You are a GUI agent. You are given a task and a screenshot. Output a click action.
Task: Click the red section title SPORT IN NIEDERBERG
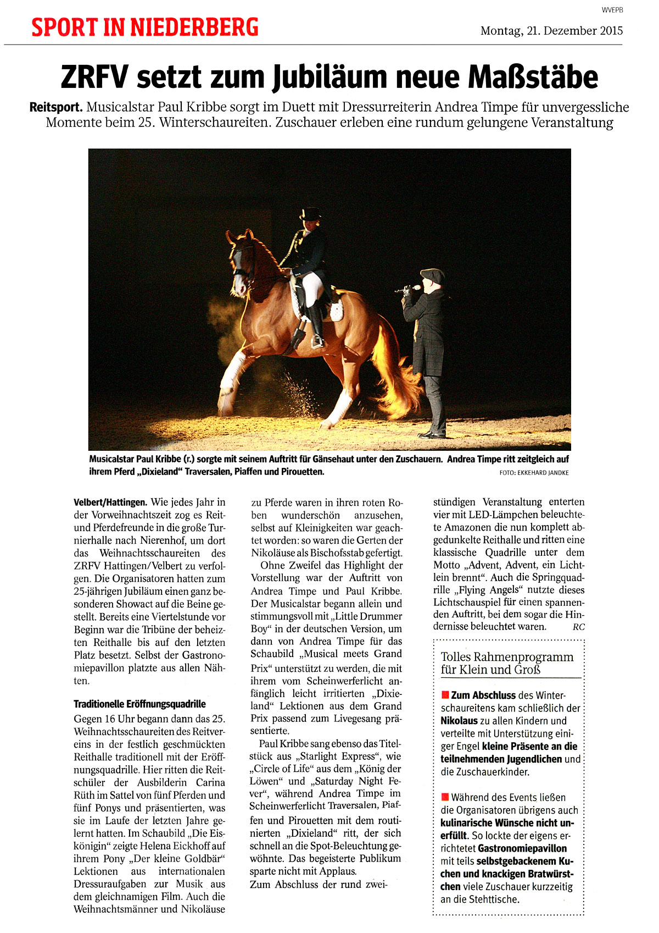144,27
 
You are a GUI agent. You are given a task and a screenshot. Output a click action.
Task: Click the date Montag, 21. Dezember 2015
551,31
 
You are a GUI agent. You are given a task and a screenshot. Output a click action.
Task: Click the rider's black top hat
310,214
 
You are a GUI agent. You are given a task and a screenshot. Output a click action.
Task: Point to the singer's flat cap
432,274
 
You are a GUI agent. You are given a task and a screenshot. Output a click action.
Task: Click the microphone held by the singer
409,288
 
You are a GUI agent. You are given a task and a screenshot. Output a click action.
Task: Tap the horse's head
239,264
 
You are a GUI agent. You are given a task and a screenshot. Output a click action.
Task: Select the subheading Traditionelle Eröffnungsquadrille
139,704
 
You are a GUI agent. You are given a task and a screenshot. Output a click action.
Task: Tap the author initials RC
578,627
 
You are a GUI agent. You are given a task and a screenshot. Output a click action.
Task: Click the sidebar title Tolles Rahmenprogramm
507,657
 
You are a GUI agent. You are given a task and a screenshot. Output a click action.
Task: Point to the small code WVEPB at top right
612,10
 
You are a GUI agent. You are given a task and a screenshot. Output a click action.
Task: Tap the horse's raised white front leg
230,379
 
